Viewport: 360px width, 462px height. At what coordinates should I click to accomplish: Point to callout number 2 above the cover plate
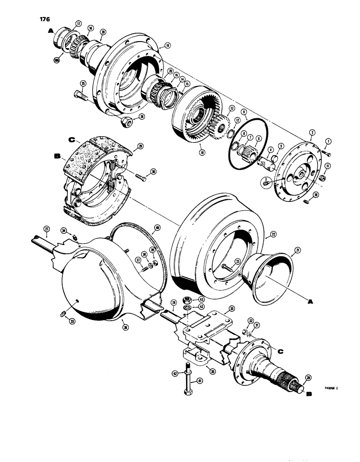point(312,132)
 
